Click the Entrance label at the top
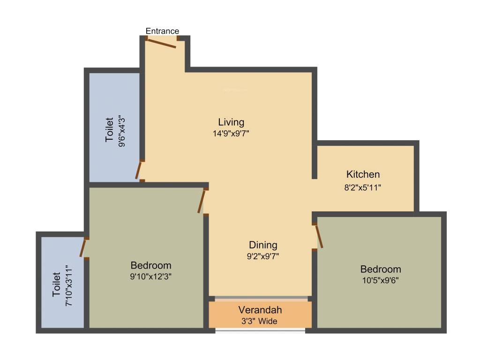[162, 31]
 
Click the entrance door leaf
[162, 44]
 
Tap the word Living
[231, 122]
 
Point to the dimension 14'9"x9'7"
[231, 134]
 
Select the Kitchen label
[363, 174]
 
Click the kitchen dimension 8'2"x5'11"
[363, 187]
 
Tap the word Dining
[263, 245]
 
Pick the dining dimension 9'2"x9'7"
[263, 256]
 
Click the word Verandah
[260, 310]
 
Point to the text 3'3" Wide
[260, 321]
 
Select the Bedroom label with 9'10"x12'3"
[151, 265]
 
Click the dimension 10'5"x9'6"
[381, 280]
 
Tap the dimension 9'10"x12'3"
[151, 277]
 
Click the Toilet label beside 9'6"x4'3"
[109, 129]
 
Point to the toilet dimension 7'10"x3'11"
[69, 285]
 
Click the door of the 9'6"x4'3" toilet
[139, 170]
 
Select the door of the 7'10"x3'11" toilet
[83, 248]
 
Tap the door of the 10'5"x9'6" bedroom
[319, 236]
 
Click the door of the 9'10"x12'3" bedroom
[201, 201]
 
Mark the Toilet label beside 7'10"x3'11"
[56, 285]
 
